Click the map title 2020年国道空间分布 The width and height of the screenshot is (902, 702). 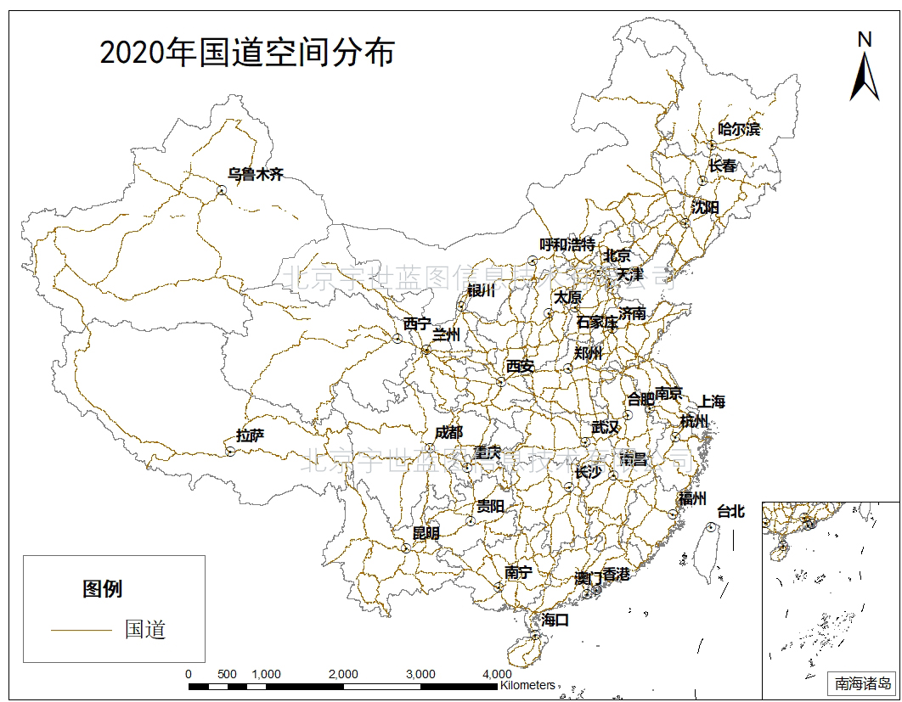click(247, 53)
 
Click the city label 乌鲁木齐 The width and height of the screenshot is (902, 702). click(255, 175)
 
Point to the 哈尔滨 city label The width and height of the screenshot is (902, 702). click(739, 130)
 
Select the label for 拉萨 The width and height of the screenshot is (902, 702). click(250, 436)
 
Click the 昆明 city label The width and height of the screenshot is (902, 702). click(426, 533)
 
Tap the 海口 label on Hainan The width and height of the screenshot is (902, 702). click(555, 621)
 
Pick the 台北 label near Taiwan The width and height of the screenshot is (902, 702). click(730, 511)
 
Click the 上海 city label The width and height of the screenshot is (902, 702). click(712, 402)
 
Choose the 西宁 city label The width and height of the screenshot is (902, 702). click(417, 323)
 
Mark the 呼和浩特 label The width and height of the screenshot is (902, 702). click(567, 245)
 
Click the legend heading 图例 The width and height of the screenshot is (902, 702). click(103, 589)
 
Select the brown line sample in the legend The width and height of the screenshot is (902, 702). click(81, 631)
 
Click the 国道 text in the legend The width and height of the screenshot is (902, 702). click(145, 630)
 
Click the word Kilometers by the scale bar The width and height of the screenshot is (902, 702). click(527, 684)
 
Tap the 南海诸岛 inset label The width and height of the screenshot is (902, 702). click(862, 682)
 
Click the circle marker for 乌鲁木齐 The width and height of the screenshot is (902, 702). click(221, 191)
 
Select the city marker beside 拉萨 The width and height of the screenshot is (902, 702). click(229, 452)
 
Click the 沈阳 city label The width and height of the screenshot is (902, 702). click(705, 207)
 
